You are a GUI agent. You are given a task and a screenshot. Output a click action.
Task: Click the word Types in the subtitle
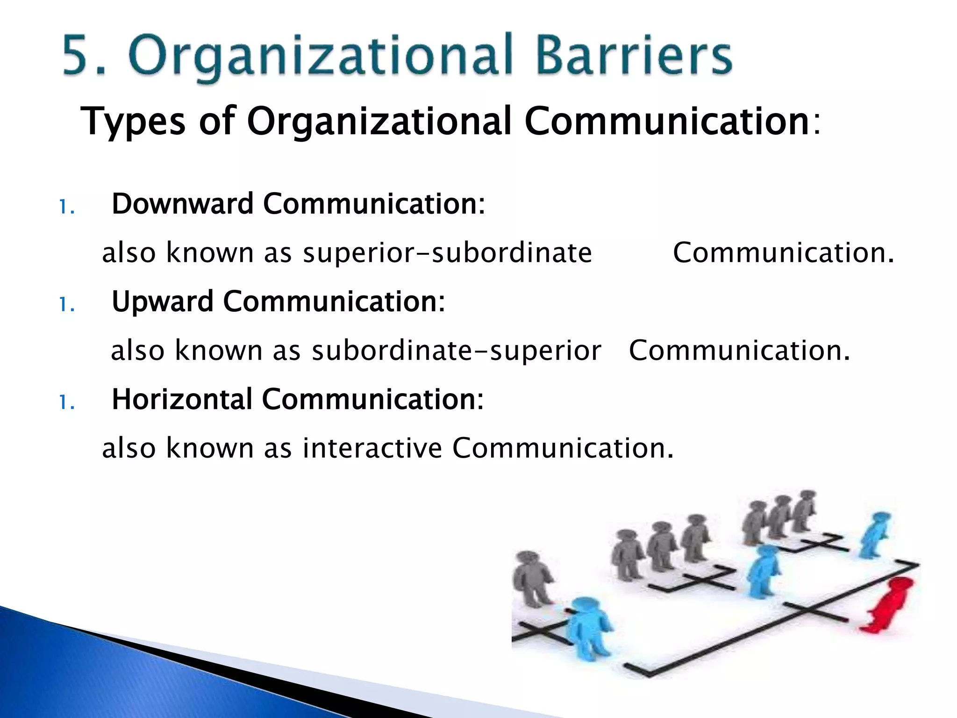click(x=133, y=122)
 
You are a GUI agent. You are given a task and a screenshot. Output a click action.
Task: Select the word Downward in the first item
click(x=182, y=204)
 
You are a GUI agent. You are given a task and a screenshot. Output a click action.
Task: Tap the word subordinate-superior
click(x=456, y=351)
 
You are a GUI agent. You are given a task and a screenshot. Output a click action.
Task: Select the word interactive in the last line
click(x=372, y=448)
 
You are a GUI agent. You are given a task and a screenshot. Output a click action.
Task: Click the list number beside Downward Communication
click(x=67, y=207)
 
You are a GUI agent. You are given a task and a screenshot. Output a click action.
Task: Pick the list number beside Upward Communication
click(x=67, y=305)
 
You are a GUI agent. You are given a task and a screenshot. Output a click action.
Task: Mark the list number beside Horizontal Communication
click(x=67, y=402)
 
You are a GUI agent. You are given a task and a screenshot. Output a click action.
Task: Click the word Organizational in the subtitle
click(x=379, y=122)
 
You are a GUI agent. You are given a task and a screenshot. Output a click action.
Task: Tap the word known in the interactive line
click(x=210, y=448)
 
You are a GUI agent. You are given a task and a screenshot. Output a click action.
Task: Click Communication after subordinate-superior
click(x=739, y=351)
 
